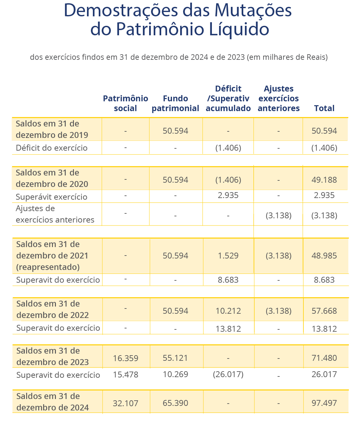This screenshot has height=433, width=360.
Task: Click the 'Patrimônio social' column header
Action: tap(125, 103)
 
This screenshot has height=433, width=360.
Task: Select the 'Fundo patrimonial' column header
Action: tap(175, 103)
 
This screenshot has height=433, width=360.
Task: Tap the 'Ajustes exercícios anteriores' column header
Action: tap(279, 98)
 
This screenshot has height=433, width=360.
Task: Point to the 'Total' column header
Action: tap(324, 108)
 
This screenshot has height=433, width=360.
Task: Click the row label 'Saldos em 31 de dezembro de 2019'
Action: tap(52, 129)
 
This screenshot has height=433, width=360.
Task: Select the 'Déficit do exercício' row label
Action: tap(52, 148)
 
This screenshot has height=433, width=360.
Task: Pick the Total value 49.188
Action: tap(324, 180)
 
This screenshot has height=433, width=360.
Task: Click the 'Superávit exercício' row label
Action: tap(51, 197)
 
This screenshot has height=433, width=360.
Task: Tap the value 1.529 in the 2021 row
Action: tap(228, 256)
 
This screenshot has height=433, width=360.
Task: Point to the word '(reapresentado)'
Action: tap(48, 267)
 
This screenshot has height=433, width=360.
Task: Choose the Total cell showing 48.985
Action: tap(324, 256)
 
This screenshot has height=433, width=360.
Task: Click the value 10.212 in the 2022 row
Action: tap(228, 311)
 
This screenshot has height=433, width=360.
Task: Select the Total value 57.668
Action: tap(324, 311)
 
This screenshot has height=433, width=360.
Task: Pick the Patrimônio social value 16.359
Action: tap(125, 358)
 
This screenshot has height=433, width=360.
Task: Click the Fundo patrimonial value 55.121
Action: tap(175, 358)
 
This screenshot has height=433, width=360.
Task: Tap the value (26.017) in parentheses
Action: tap(228, 374)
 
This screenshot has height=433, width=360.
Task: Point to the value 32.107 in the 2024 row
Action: tap(125, 403)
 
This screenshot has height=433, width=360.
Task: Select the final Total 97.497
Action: tap(324, 403)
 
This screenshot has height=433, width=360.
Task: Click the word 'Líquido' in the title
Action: tap(239, 29)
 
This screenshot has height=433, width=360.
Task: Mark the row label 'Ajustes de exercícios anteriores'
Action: tap(55, 214)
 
